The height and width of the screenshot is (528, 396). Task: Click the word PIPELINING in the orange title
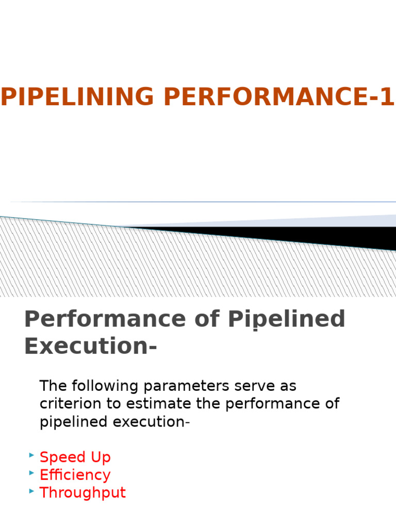77,97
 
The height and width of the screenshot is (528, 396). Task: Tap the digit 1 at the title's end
388,97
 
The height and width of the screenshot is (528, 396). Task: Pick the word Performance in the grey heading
105,319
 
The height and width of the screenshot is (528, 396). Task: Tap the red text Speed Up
75,457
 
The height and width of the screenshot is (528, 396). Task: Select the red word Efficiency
75,475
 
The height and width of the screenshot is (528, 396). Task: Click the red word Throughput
82,492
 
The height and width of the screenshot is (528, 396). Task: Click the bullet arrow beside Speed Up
31,455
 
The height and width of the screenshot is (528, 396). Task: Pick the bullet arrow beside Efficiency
31,473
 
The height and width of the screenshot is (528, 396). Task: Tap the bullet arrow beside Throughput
31,490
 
